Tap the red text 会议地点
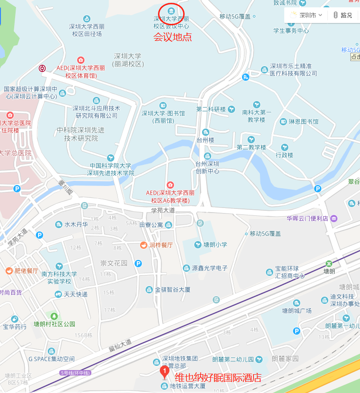click(172, 37)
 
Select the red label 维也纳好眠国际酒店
click(218, 378)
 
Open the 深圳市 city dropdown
click(307, 15)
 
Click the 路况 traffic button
click(343, 15)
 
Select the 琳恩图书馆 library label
click(303, 122)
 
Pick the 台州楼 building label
click(205, 140)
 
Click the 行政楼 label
click(284, 155)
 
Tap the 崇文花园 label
click(114, 263)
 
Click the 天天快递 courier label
click(75, 294)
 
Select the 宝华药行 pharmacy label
click(15, 327)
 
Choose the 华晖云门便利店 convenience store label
click(307, 219)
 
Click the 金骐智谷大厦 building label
click(172, 290)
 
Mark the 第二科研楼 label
click(211, 109)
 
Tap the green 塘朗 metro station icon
click(329, 264)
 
